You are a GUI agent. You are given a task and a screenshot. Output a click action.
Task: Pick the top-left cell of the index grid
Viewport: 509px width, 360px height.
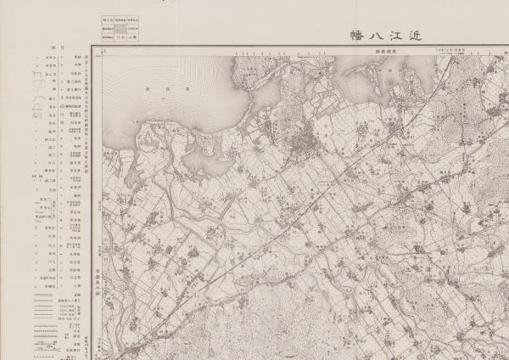(x=108, y=18)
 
